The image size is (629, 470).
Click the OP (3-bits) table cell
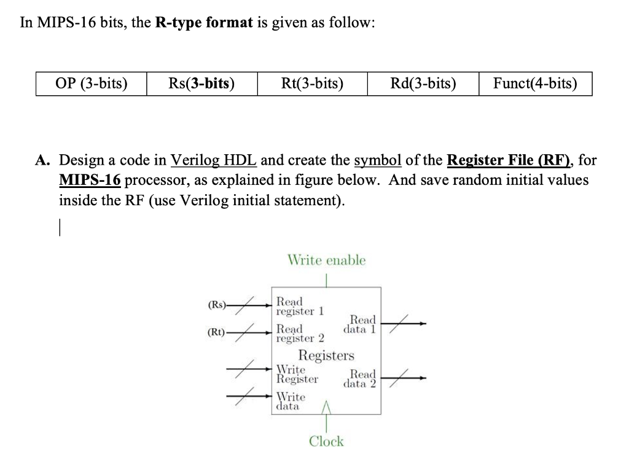point(92,84)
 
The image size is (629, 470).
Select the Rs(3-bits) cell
point(201,84)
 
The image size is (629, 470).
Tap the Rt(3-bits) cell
point(312,84)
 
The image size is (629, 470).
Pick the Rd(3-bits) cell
point(423,84)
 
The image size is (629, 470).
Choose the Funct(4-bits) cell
point(535,84)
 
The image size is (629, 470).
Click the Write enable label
point(326,260)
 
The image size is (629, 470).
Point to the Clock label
point(326,441)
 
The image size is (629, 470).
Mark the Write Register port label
point(297,374)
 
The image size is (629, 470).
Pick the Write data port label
point(291,401)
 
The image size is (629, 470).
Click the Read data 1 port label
point(362,324)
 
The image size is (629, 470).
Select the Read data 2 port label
point(362,378)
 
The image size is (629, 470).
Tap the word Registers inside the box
point(326,355)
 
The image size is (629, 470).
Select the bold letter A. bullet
point(42,161)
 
